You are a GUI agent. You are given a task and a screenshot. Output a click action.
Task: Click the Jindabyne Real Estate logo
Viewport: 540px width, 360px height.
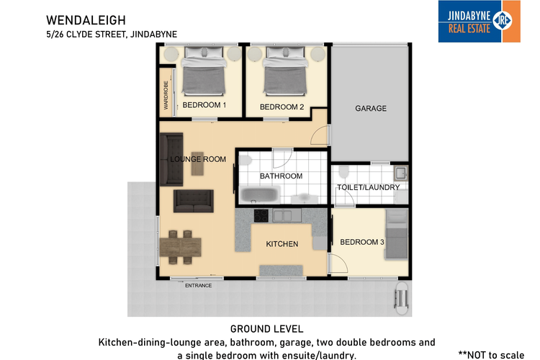click(479, 22)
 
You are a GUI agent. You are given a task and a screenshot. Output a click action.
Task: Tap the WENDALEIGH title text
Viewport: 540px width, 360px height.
click(86, 20)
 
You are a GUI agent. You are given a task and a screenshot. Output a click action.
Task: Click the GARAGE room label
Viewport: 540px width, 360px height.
click(371, 109)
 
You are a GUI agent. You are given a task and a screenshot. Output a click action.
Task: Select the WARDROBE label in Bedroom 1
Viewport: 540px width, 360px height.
click(166, 96)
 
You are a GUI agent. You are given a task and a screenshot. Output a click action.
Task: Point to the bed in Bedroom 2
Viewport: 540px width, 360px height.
click(285, 71)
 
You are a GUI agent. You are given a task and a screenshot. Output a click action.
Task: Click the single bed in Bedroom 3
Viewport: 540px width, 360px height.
click(397, 234)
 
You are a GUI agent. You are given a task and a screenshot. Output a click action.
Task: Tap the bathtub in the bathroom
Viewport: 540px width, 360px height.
click(260, 195)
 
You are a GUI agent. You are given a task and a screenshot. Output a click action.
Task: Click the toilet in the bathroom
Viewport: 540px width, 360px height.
click(246, 160)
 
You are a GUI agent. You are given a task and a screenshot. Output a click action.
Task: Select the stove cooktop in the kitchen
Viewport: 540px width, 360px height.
click(261, 216)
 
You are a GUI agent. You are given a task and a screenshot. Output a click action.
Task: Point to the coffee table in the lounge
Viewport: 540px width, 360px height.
click(197, 163)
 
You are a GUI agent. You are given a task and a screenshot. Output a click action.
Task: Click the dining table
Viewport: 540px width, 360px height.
click(181, 247)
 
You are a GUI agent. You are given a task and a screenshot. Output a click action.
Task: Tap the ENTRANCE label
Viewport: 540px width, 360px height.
click(199, 286)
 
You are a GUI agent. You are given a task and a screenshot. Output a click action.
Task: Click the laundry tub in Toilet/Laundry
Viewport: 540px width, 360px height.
click(401, 173)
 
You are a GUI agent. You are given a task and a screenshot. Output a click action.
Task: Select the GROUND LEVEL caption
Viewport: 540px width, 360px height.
click(267, 329)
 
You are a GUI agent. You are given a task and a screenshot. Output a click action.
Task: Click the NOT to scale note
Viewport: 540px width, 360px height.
click(492, 355)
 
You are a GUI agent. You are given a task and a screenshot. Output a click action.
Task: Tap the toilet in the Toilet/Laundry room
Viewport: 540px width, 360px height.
click(343, 171)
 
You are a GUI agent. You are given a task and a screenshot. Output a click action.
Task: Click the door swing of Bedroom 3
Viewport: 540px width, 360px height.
click(338, 263)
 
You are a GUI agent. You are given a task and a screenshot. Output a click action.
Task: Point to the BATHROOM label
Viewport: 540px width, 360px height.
click(281, 176)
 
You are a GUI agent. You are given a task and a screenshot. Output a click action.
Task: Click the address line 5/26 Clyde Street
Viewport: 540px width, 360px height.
click(112, 35)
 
